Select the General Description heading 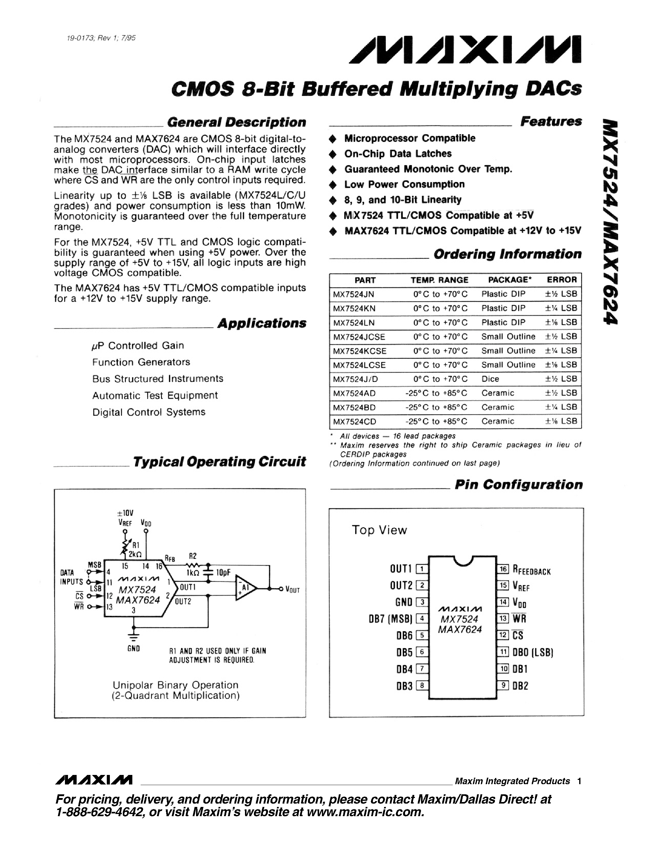click(x=236, y=122)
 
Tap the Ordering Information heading click(x=507, y=254)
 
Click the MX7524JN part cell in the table click(x=354, y=294)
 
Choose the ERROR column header click(x=561, y=280)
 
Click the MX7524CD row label click(x=355, y=421)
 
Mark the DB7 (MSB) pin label click(x=390, y=619)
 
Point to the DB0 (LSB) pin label click(x=533, y=652)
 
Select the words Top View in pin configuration click(x=379, y=530)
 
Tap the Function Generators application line click(x=141, y=362)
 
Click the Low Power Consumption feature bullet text click(x=404, y=184)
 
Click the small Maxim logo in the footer click(x=94, y=779)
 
